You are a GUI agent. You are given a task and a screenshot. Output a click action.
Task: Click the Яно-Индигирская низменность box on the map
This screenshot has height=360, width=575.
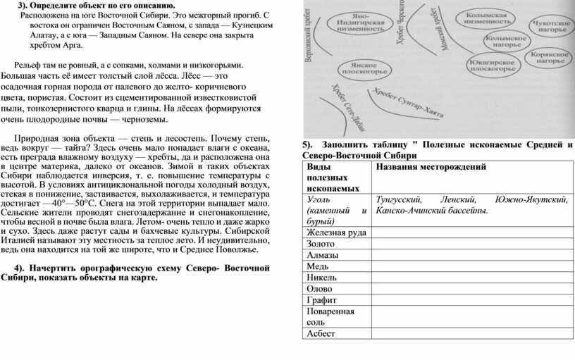[363, 23]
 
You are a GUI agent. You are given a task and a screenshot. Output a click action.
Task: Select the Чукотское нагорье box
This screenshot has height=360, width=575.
[549, 26]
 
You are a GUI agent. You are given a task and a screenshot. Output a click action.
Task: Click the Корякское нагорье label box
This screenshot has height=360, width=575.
[549, 58]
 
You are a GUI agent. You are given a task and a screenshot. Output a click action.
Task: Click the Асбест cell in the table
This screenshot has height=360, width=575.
[321, 333]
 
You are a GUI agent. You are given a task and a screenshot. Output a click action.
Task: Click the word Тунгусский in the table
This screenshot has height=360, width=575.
[399, 199]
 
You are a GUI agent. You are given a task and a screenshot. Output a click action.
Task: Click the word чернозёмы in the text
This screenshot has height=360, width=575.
[145, 120]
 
